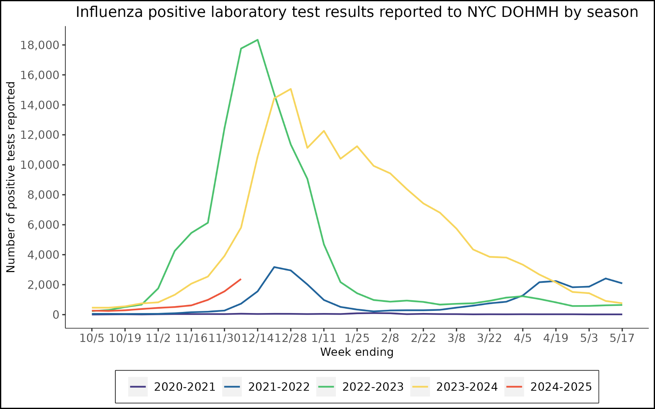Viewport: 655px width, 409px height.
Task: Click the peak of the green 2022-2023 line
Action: pos(258,40)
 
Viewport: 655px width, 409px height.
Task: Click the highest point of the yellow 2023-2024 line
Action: pos(290,89)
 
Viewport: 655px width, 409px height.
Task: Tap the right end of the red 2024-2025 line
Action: pos(241,279)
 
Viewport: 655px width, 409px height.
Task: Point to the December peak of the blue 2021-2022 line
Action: pos(274,267)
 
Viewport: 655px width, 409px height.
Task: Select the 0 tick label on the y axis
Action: pos(56,315)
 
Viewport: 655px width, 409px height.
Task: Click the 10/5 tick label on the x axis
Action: pos(92,338)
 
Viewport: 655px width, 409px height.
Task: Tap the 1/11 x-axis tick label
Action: pos(324,338)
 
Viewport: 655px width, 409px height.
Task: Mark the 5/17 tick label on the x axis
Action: pos(622,338)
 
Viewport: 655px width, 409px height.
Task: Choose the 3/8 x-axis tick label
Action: pos(456,338)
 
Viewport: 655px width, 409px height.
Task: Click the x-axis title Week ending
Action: pos(357,352)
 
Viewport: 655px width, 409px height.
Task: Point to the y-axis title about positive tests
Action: pos(11,177)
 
